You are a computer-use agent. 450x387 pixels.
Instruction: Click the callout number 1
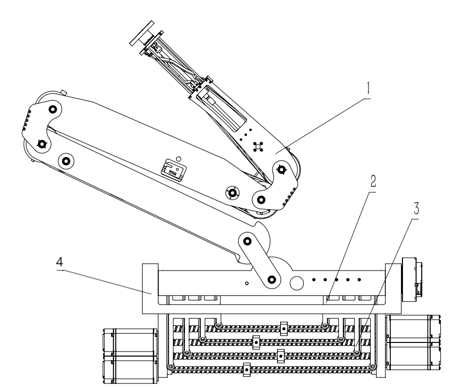coord(368,88)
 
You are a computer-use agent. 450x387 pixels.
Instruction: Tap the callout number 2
coord(373,181)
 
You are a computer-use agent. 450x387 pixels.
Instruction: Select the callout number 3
coord(416,209)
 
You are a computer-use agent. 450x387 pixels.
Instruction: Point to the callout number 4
coord(59,262)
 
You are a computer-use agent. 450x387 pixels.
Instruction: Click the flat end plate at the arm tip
coord(142,33)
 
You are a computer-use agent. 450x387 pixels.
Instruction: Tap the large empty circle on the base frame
coord(297,283)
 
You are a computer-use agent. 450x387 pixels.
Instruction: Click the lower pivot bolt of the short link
coord(271,279)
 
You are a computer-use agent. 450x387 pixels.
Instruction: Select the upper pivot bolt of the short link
coord(247,241)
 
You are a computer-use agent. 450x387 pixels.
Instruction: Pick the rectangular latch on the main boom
coord(173,170)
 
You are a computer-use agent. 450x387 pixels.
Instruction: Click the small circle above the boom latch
coord(178,159)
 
